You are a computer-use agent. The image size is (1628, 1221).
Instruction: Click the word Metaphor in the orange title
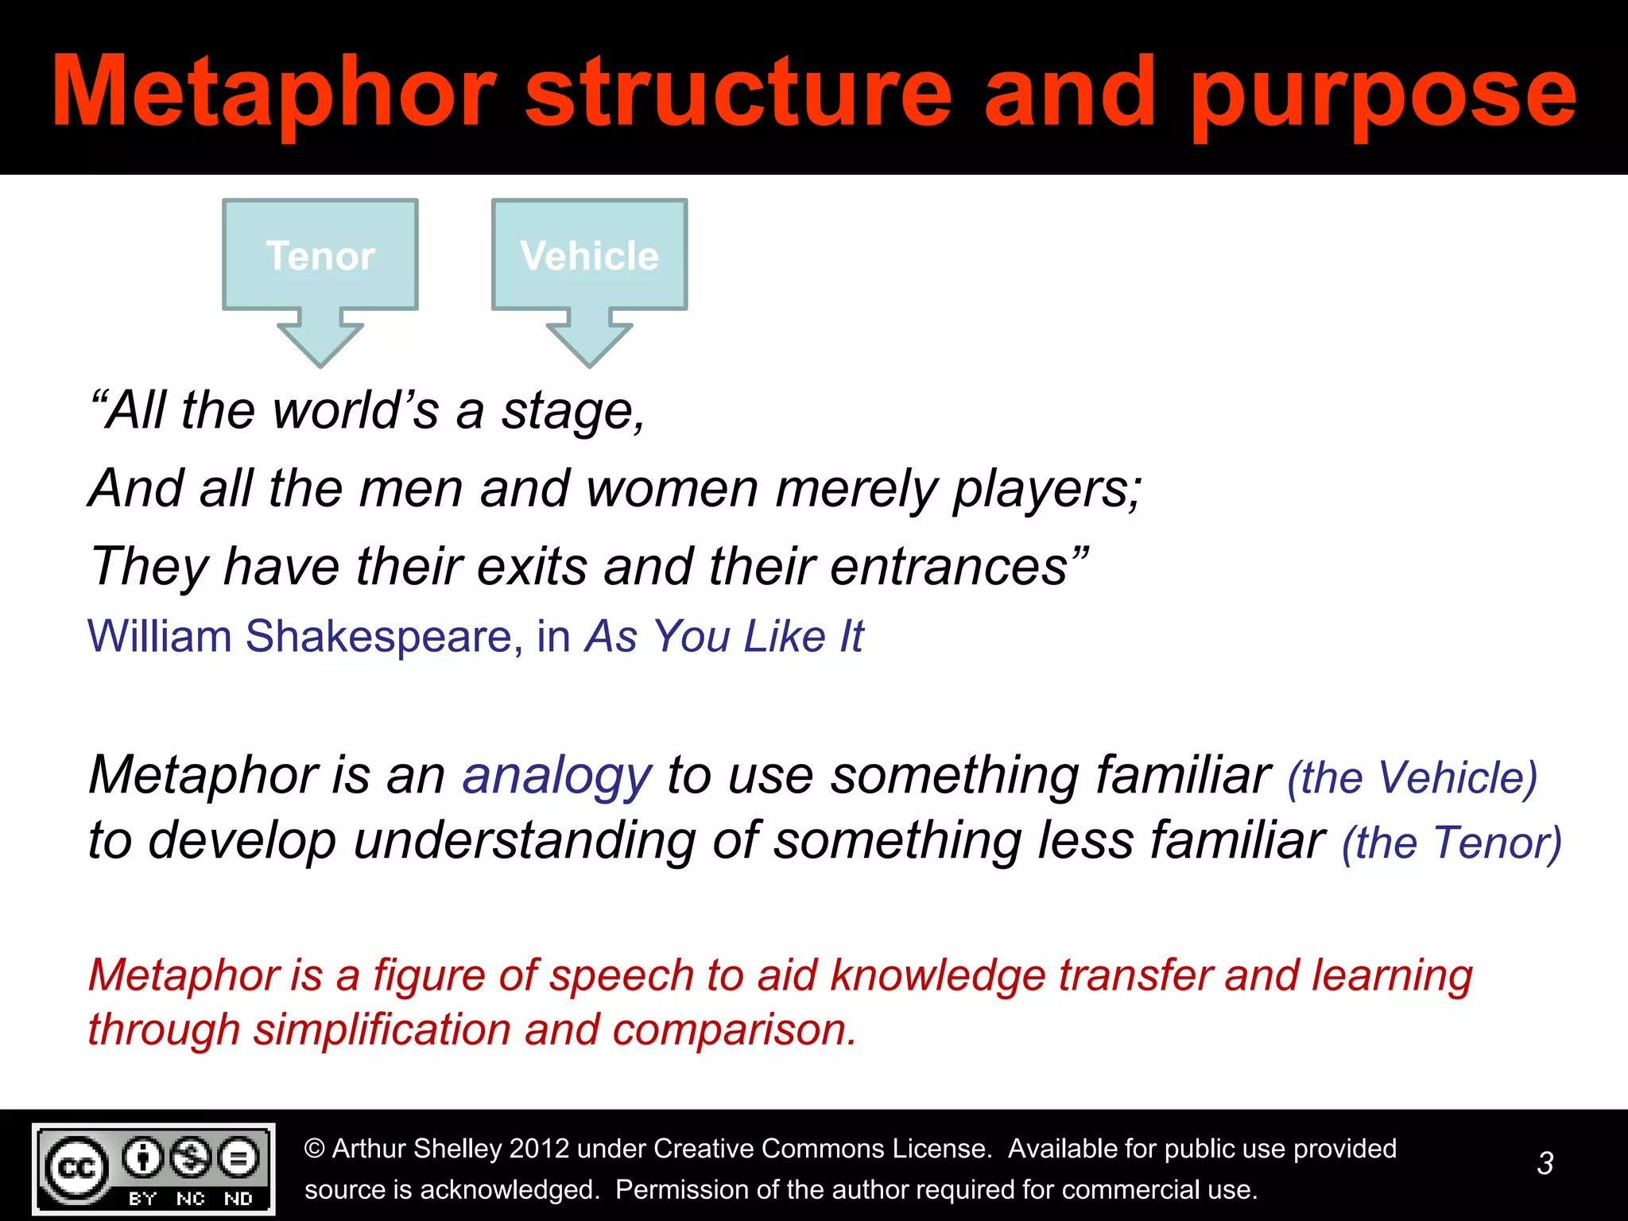274,94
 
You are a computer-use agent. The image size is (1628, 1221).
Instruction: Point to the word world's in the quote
355,411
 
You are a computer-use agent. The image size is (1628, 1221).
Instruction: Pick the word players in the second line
1045,490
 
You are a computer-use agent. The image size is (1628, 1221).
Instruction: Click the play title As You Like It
724,637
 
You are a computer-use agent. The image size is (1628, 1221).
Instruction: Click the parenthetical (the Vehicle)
1412,778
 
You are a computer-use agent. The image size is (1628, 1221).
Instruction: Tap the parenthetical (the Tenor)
1452,843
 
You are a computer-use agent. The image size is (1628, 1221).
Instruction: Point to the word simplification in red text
382,1030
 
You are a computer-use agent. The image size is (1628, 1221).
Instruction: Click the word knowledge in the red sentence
938,976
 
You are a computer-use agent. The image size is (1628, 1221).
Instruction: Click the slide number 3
1545,1164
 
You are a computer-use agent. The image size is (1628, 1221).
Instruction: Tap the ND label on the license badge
238,1199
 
